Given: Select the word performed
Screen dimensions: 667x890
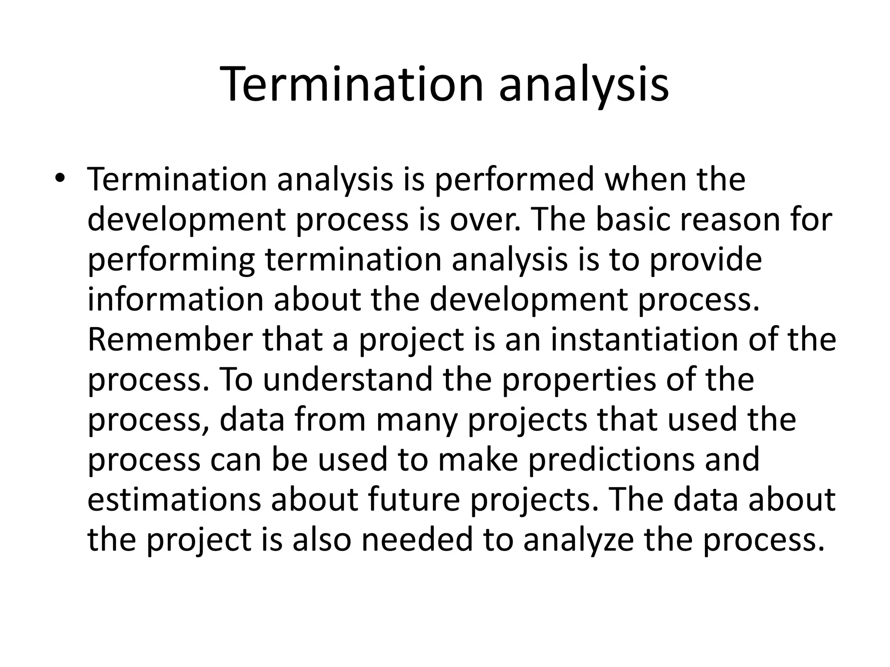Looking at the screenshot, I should (x=514, y=180).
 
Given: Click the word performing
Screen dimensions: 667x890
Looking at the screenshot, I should (x=171, y=260).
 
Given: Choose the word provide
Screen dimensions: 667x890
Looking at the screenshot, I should (x=705, y=260).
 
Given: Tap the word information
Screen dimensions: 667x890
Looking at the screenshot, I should (x=176, y=300).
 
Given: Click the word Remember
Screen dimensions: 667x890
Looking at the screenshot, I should (x=170, y=340).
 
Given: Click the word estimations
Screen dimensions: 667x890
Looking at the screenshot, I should (x=174, y=499).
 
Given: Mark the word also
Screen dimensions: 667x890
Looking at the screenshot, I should (x=321, y=539).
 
